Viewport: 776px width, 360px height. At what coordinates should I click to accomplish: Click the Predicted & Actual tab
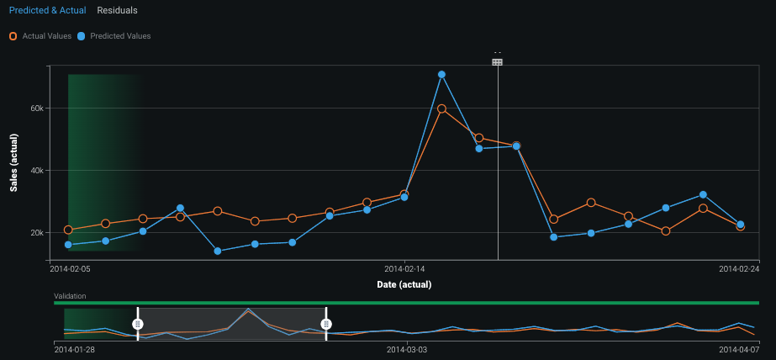tap(48, 11)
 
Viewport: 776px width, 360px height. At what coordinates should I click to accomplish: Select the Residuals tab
tap(117, 11)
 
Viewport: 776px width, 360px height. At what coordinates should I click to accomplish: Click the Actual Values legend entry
tap(40, 36)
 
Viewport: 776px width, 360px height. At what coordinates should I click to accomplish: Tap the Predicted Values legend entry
tap(113, 36)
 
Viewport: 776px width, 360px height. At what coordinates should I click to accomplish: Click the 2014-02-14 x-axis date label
tap(405, 269)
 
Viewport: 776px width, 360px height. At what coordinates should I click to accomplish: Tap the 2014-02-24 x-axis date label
tap(739, 269)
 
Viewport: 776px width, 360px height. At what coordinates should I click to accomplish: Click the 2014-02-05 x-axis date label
tap(70, 269)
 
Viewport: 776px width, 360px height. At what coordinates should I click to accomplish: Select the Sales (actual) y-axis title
tap(14, 162)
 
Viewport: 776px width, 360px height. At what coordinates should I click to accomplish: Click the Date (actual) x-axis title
tap(404, 284)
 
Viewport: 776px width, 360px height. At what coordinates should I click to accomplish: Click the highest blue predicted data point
tap(441, 75)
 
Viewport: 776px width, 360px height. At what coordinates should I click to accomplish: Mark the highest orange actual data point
tap(441, 109)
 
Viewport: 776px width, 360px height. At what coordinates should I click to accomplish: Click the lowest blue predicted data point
tap(217, 251)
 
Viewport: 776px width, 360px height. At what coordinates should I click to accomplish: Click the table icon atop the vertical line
tap(498, 61)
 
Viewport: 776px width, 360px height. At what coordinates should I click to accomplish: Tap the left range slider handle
tap(138, 324)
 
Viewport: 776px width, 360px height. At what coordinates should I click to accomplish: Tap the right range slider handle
tap(327, 324)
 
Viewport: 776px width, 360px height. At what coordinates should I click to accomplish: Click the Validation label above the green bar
tap(70, 296)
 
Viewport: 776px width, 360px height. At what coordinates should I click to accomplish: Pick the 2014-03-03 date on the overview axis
tap(407, 348)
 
